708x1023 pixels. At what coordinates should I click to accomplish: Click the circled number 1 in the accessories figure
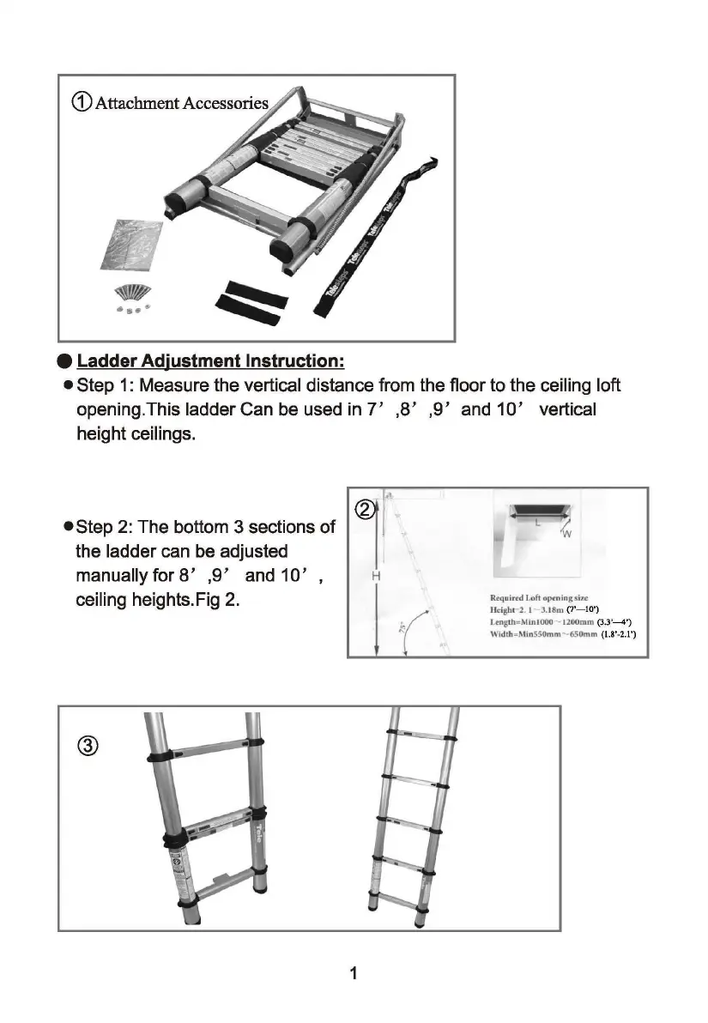click(x=81, y=103)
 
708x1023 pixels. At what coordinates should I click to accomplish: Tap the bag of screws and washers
click(x=130, y=297)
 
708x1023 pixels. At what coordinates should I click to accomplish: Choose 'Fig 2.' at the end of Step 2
click(x=215, y=598)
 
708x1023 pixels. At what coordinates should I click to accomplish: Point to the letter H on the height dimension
click(x=378, y=577)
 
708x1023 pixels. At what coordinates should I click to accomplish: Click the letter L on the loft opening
click(x=537, y=521)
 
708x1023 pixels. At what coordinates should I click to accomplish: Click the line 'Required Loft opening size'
click(x=539, y=597)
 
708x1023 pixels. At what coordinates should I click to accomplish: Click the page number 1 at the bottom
click(x=354, y=972)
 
